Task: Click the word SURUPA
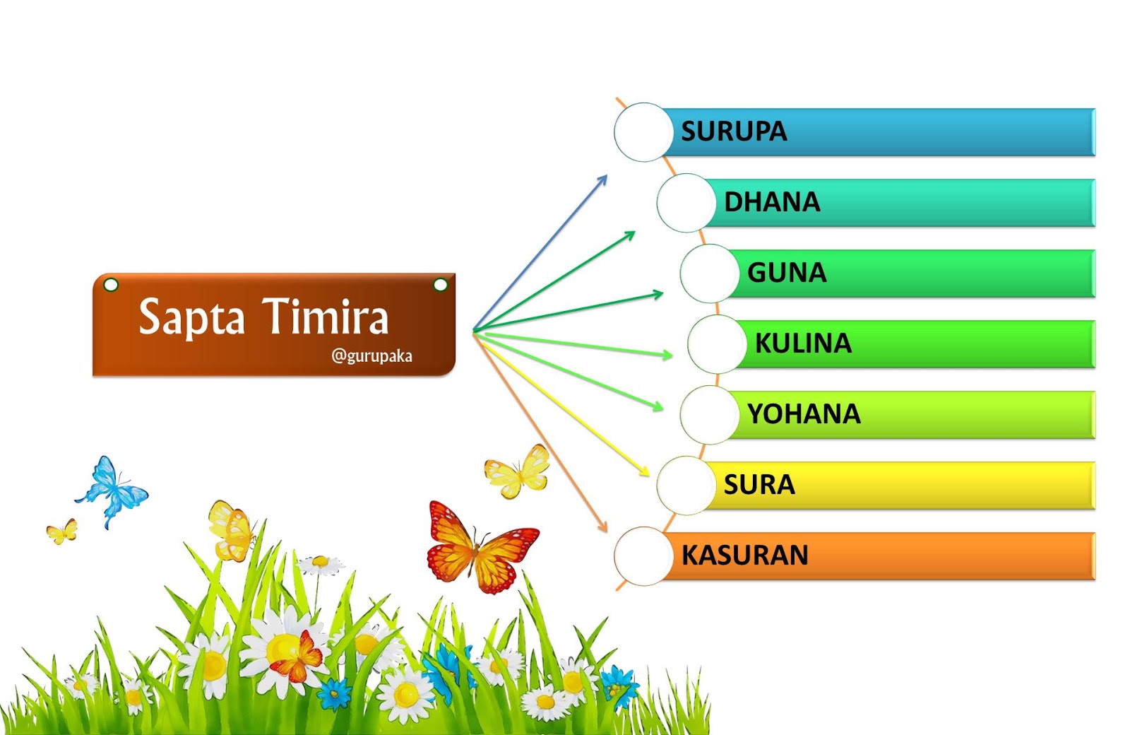click(x=733, y=131)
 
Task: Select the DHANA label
click(x=772, y=202)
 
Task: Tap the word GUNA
click(x=786, y=273)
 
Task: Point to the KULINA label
click(x=803, y=343)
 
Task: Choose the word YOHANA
click(x=804, y=414)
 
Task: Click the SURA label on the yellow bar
click(x=759, y=485)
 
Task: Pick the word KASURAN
click(x=744, y=555)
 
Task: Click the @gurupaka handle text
click(x=371, y=355)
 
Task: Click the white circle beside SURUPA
click(x=643, y=132)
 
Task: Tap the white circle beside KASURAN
click(x=643, y=556)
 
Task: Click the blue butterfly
click(x=112, y=490)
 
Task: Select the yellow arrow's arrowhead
click(x=645, y=472)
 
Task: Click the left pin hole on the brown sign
click(x=111, y=285)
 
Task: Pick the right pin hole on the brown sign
click(x=440, y=285)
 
